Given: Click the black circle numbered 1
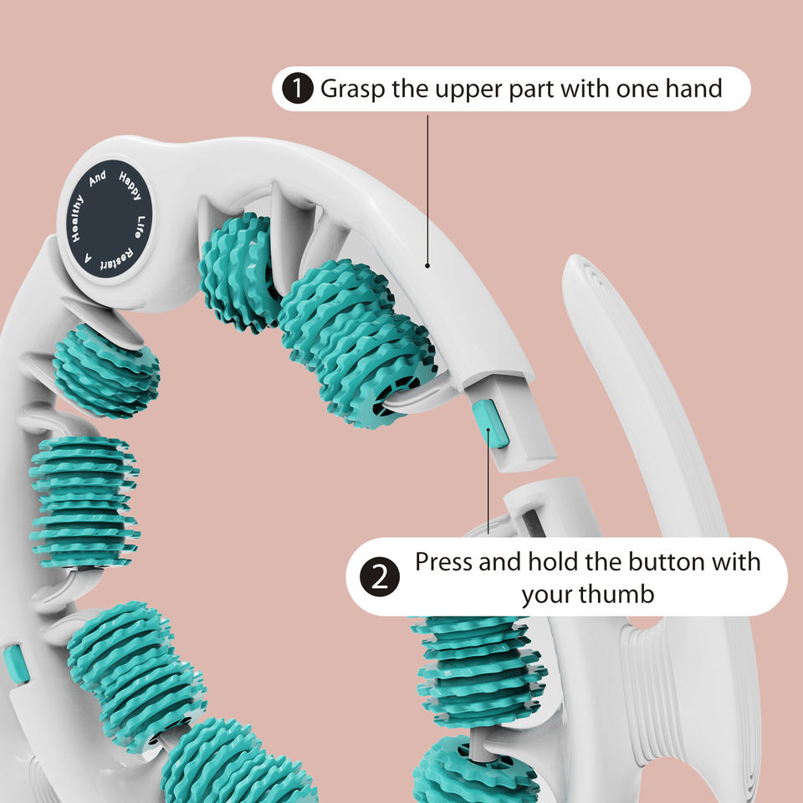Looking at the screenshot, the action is point(298,89).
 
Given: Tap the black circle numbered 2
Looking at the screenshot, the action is point(379,577).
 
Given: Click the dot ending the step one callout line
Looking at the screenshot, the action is point(428,267).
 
